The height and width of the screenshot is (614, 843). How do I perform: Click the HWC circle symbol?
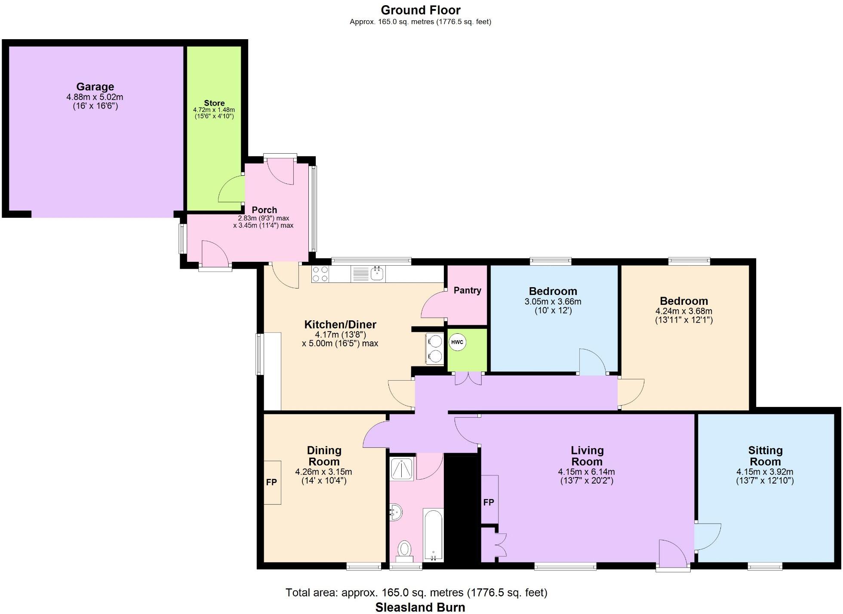point(457,342)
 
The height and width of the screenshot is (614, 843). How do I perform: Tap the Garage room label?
point(95,87)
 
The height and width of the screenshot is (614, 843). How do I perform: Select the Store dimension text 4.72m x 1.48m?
point(214,110)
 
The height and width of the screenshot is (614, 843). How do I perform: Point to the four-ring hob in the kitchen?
point(320,274)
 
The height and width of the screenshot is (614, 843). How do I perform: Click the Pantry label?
point(467,290)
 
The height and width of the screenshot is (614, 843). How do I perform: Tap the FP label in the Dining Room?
point(271,482)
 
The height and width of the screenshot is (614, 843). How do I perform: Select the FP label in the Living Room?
point(489,502)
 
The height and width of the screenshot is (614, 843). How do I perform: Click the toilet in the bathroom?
point(404,549)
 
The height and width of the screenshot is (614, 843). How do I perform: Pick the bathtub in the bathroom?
point(433,535)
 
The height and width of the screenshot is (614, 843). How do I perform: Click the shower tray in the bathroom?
point(401,468)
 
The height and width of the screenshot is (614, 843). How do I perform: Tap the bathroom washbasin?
point(396,512)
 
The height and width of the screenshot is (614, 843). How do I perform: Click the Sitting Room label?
point(765,456)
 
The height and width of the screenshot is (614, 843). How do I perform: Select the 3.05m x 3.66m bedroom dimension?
point(553,302)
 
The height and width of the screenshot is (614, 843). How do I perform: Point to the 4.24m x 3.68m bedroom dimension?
point(683,311)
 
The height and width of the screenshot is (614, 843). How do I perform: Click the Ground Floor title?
point(420,10)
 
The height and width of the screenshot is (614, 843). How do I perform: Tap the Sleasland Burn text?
point(420,607)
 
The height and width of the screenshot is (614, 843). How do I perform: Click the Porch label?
point(264,210)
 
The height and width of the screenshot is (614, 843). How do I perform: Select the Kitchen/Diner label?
point(340,324)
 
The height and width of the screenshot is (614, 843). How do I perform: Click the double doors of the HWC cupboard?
point(469,378)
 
